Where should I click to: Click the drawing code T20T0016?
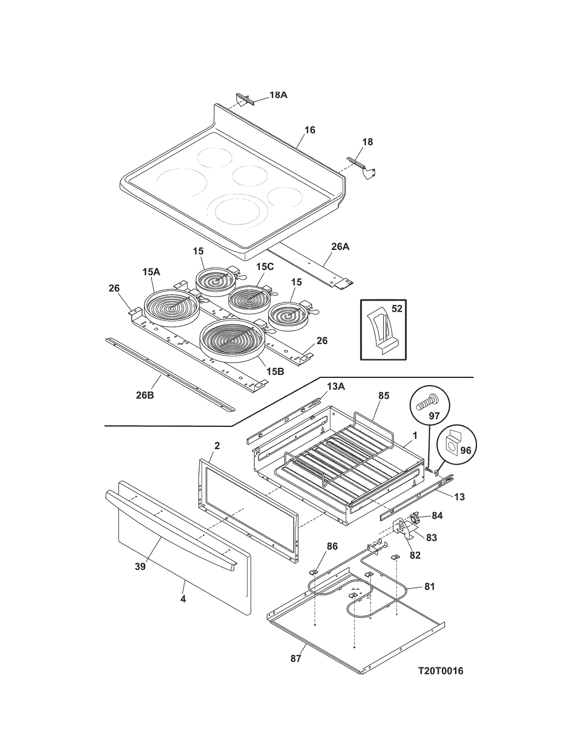441,671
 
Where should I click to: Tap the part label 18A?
278,95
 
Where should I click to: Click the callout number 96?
466,450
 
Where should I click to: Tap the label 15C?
264,267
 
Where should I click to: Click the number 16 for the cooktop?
310,130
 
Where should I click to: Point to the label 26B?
145,395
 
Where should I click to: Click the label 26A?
340,247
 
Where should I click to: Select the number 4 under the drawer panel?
183,599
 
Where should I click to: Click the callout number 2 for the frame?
217,445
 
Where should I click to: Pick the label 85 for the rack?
384,396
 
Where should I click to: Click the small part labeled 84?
415,517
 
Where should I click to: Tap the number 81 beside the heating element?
430,586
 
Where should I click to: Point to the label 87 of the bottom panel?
296,658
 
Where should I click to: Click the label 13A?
336,386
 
